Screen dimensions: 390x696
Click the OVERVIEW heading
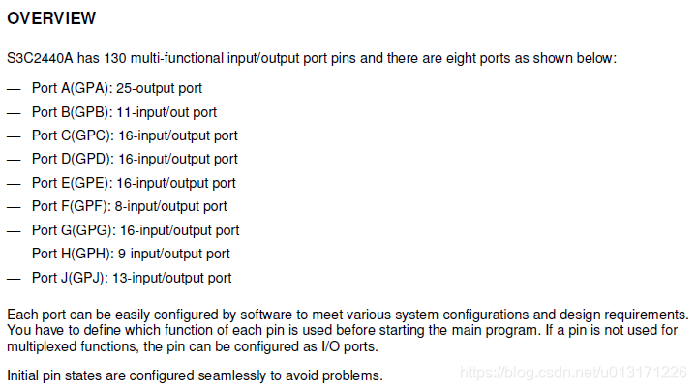click(51, 18)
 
